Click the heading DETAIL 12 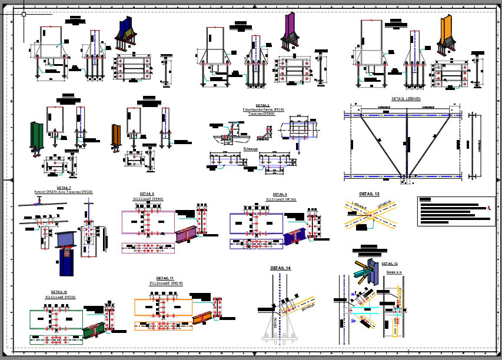click(369, 194)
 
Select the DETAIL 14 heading click(280, 268)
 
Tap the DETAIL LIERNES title click(405, 99)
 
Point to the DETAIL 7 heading click(64, 188)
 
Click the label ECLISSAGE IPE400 click(148, 199)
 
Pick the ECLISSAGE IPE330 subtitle click(61, 297)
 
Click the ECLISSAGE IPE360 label click(280, 199)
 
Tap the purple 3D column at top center click(290, 27)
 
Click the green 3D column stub click(37, 136)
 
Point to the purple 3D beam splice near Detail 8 click(185, 234)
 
